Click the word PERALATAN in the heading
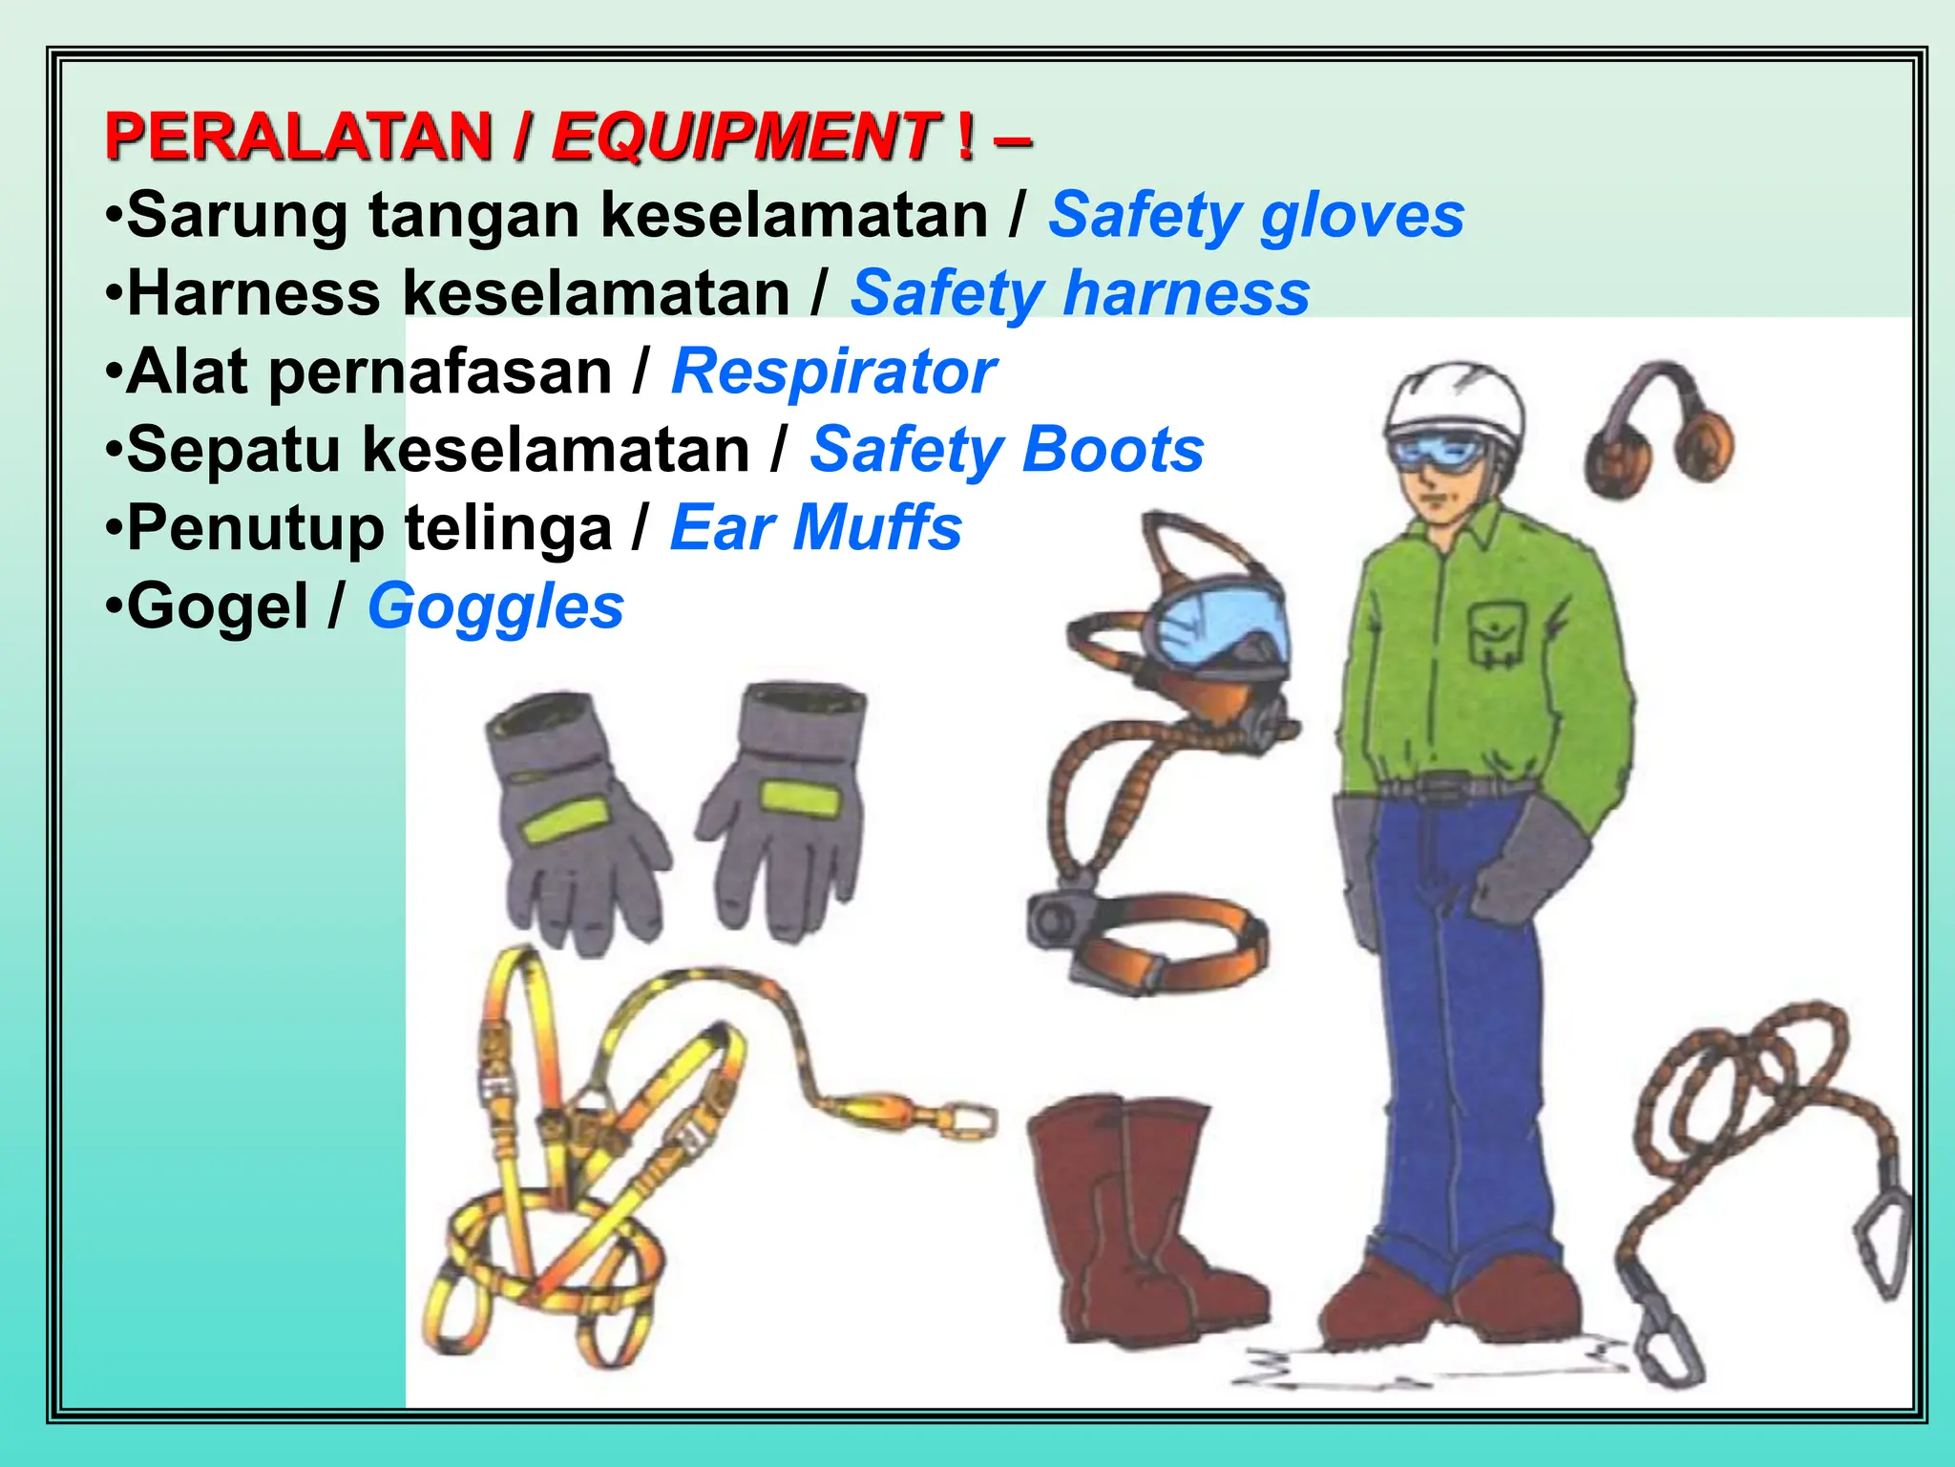point(298,136)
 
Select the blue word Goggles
point(495,606)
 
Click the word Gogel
point(218,606)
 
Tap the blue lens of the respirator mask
point(1217,616)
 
